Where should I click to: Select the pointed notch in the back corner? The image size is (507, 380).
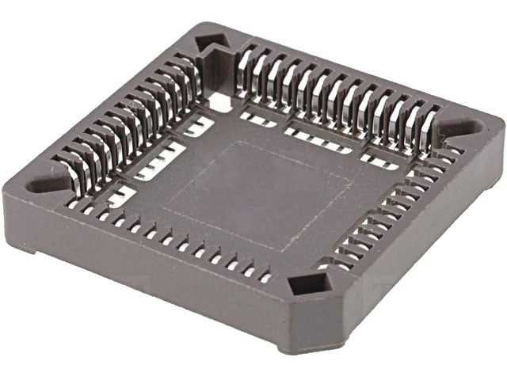click(210, 40)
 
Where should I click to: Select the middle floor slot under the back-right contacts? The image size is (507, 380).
click(317, 139)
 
